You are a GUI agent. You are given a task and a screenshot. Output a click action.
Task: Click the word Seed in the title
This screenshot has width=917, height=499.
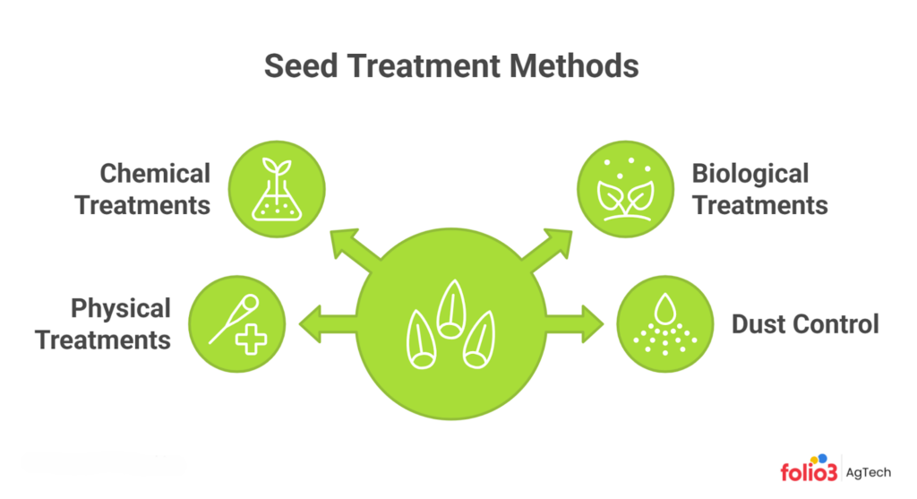tap(305, 68)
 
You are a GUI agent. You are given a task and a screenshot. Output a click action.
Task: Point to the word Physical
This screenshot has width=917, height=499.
tap(121, 309)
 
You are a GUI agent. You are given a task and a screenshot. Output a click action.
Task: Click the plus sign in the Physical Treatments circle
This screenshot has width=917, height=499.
tap(253, 340)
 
